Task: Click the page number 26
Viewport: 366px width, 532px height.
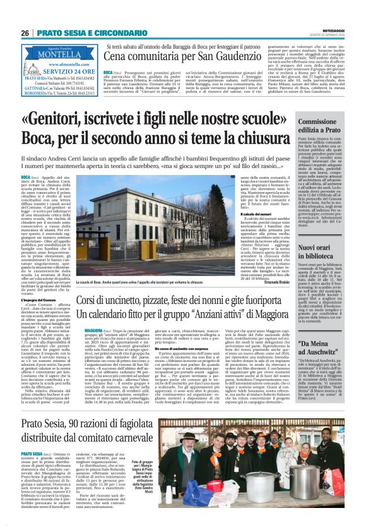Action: tap(25, 33)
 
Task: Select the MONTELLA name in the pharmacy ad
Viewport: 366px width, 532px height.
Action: tap(54, 55)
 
